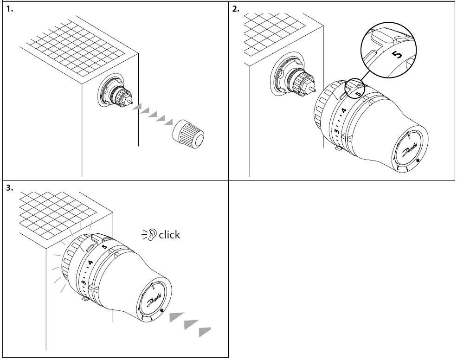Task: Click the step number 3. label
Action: [x=9, y=188]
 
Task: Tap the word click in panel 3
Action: [x=169, y=235]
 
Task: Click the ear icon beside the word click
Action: [x=151, y=235]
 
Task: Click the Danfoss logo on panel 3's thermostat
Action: [x=154, y=297]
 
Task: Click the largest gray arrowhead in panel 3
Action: [x=176, y=317]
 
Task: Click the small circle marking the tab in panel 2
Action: [x=354, y=88]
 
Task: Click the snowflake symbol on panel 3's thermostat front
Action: [x=162, y=311]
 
